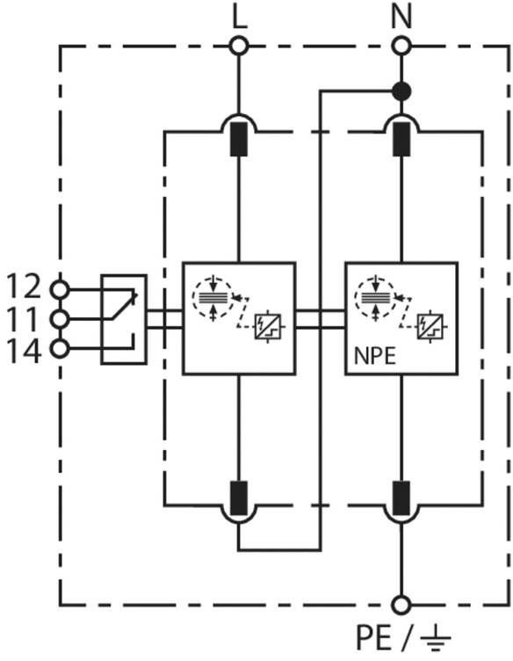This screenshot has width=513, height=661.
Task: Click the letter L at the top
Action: tap(240, 17)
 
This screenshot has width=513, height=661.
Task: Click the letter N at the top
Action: tap(401, 17)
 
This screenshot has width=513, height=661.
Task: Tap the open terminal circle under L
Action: tap(239, 46)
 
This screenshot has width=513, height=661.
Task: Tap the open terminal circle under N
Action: tap(401, 46)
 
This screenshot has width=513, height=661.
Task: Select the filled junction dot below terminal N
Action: tap(401, 91)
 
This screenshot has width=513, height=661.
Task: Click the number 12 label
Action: tap(24, 287)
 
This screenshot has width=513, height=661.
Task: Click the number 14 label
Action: tap(24, 351)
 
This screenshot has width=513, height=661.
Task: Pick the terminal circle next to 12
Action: tap(60, 289)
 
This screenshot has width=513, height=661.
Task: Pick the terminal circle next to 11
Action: tap(60, 320)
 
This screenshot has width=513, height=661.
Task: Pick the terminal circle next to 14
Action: tap(60, 349)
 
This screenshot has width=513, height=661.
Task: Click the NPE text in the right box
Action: tap(375, 357)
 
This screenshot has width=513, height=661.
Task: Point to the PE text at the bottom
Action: tap(373, 638)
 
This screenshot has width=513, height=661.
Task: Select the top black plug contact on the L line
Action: tap(239, 140)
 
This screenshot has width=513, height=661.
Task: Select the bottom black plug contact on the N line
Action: tap(401, 498)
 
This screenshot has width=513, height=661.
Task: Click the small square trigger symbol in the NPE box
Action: tap(430, 327)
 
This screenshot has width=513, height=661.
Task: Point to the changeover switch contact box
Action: tap(124, 319)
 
